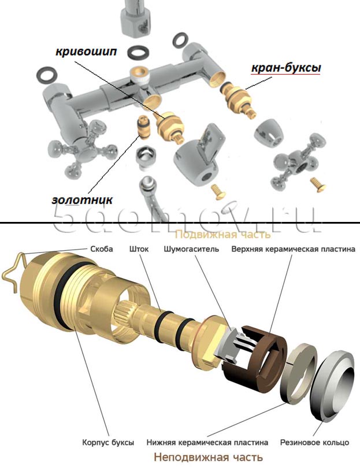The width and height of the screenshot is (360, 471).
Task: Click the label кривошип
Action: click(x=86, y=51)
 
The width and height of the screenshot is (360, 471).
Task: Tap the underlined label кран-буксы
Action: click(x=286, y=68)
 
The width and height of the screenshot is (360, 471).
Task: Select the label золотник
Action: click(x=82, y=200)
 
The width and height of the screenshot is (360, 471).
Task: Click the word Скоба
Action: click(x=102, y=249)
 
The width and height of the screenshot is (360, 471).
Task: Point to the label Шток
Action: click(x=139, y=249)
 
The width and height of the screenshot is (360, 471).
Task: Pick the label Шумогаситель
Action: click(x=191, y=249)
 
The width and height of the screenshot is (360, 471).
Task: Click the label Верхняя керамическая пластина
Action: click(x=294, y=249)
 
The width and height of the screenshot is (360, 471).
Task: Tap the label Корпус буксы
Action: click(x=108, y=442)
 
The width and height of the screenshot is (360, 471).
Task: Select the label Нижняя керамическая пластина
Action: click(x=207, y=442)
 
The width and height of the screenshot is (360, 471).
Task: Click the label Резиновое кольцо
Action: click(x=314, y=442)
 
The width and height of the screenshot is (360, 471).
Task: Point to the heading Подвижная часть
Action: click(x=222, y=234)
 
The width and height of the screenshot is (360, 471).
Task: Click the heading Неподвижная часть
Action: click(x=209, y=458)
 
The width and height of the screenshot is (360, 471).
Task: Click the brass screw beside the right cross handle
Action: click(x=318, y=184)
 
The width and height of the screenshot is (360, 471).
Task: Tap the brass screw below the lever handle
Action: click(x=218, y=192)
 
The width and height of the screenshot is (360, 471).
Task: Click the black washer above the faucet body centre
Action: click(x=138, y=52)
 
